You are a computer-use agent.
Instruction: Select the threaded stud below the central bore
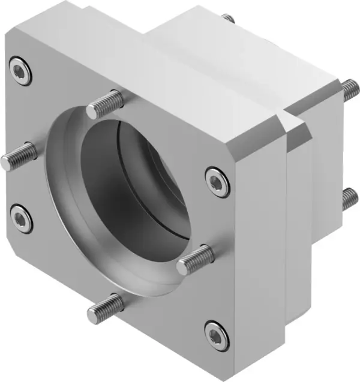point(105,307)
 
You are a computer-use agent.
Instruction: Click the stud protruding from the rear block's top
point(227,19)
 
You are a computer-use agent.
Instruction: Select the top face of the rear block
point(240,54)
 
